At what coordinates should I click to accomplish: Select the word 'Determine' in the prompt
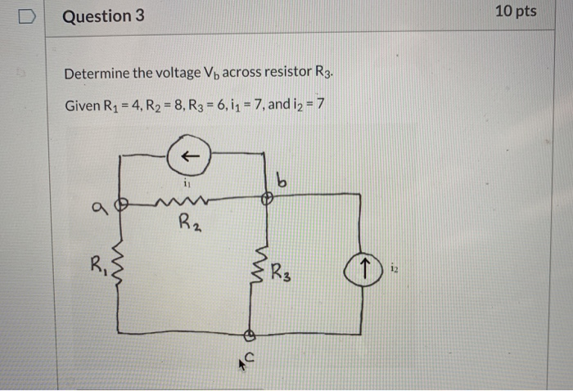97,74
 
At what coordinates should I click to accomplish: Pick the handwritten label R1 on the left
101,266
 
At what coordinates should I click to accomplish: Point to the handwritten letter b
282,182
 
